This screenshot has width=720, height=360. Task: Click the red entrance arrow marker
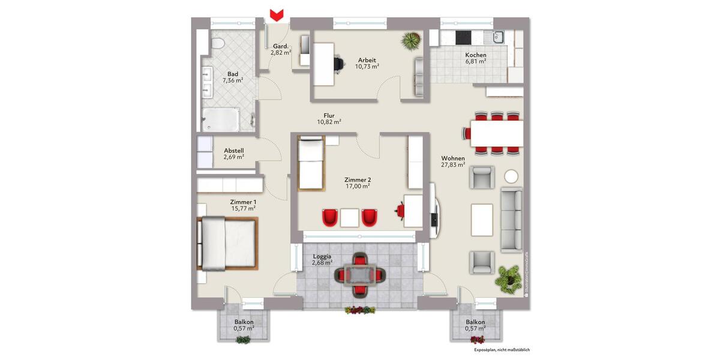[276, 14]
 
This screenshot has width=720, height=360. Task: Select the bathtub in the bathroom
[220, 119]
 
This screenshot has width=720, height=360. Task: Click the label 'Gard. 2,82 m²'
[280, 49]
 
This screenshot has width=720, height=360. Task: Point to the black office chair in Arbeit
[339, 62]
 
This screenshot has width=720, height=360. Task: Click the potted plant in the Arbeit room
[412, 41]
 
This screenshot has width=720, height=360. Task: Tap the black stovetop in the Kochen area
[465, 37]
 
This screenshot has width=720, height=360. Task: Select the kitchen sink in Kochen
[497, 37]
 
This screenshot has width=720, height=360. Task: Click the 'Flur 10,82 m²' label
[329, 118]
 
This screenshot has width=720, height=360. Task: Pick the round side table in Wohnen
[512, 176]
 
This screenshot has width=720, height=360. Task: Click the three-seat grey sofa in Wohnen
[511, 218]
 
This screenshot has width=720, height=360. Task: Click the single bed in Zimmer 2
[311, 163]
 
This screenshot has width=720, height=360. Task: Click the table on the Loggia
[359, 275]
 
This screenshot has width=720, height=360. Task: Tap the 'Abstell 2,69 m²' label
[233, 154]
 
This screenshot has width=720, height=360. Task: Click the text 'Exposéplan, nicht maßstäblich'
[502, 349]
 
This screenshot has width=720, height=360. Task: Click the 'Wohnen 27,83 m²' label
[453, 161]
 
